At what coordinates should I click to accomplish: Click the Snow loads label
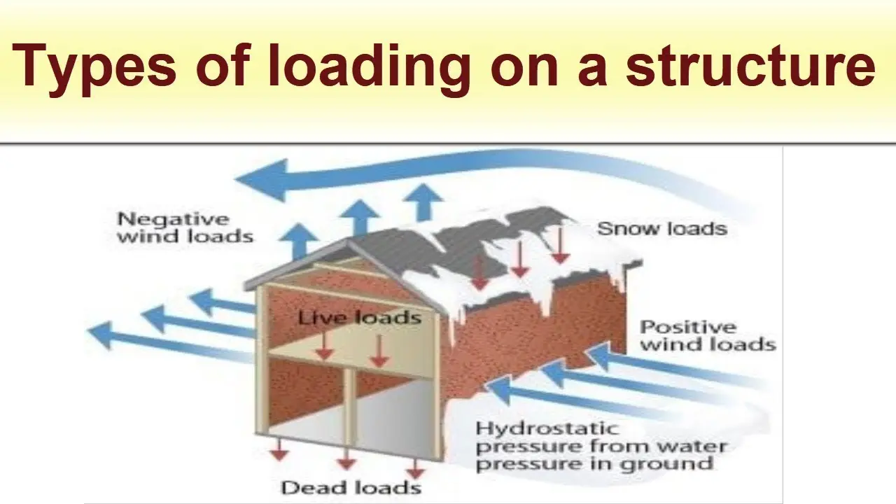[662, 229]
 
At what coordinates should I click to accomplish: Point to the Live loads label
[360, 318]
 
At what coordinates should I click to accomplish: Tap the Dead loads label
[351, 488]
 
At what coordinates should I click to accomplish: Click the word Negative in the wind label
[173, 220]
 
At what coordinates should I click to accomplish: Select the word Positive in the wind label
[688, 327]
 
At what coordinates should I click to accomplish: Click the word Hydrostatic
[547, 429]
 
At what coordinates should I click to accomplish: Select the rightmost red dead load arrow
[415, 468]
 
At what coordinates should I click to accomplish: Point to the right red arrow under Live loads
[379, 351]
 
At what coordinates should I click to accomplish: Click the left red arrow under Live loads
[324, 346]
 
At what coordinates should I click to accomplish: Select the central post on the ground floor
[349, 407]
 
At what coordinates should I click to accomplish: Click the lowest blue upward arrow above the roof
[299, 241]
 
